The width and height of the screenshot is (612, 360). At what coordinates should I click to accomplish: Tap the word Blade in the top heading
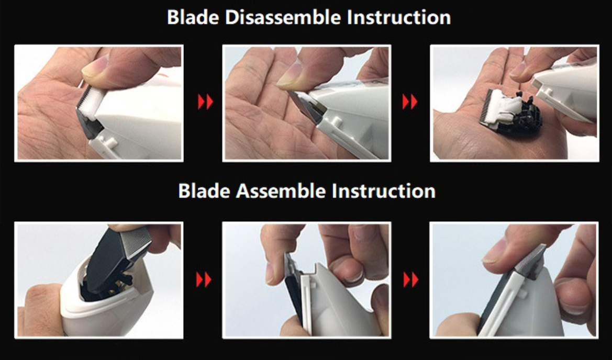[x=193, y=18]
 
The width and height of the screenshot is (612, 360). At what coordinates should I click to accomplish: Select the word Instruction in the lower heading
[x=383, y=191]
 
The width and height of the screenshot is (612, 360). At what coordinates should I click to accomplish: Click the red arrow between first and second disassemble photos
[x=205, y=102]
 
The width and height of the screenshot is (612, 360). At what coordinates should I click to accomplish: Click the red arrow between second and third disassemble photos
[x=410, y=102]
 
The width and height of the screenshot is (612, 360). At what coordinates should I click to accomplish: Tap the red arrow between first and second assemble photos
[x=203, y=279]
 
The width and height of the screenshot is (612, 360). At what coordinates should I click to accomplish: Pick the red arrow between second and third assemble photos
[x=410, y=279]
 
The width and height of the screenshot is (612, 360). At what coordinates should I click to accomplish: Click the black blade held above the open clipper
[x=117, y=257]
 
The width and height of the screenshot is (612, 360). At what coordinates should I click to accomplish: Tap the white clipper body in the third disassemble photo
[x=566, y=94]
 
